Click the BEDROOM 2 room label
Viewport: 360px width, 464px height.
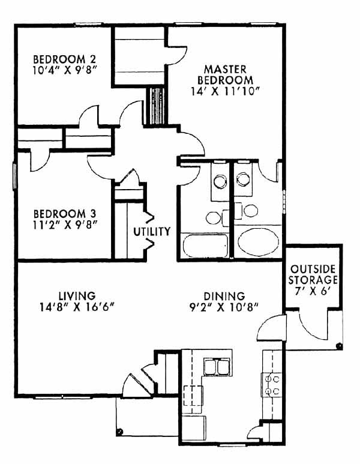tap(64, 59)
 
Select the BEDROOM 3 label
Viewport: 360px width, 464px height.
tap(64, 214)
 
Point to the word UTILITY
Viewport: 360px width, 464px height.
tap(152, 232)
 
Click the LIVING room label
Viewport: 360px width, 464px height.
tap(77, 295)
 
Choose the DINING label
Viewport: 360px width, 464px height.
tap(224, 296)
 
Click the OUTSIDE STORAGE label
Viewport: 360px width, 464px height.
tap(313, 274)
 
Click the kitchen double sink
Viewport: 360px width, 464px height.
tap(217, 367)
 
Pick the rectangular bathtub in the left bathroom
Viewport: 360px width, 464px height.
tap(205, 246)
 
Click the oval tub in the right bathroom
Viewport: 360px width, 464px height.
tap(258, 241)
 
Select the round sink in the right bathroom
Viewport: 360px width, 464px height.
tap(244, 179)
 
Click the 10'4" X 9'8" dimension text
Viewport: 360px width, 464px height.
tap(65, 71)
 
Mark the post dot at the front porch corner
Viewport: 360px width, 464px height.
tap(120, 431)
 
